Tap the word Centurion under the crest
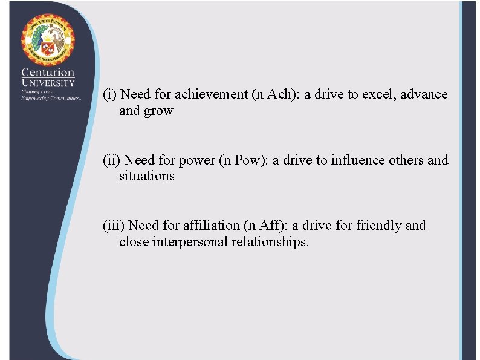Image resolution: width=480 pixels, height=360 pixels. click(48, 73)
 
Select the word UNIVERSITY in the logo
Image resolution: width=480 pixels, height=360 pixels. click(48, 82)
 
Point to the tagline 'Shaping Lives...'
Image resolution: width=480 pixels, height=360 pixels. click(38, 91)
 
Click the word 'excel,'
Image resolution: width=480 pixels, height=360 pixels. click(378, 94)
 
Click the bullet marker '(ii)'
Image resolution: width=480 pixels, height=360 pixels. click(111, 160)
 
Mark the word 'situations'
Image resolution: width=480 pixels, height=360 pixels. click(147, 177)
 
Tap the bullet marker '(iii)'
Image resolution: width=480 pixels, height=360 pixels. click(113, 226)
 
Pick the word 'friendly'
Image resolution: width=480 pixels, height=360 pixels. click(378, 226)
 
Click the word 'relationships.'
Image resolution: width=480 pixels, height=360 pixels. click(271, 242)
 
